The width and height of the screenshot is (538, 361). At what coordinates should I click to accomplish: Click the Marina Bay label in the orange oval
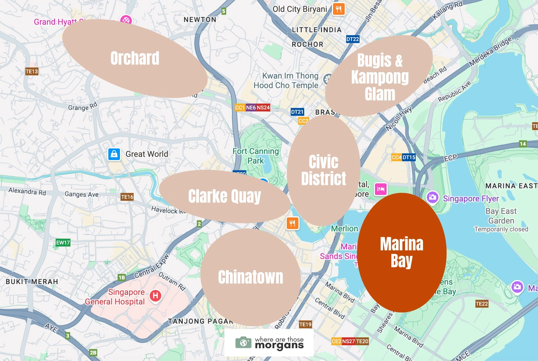[402, 252]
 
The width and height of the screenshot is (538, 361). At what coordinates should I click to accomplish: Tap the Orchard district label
[135, 58]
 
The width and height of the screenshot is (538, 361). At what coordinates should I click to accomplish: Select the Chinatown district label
[250, 277]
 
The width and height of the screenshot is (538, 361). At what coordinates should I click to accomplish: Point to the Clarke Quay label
[224, 196]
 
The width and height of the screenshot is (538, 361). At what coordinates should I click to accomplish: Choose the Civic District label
[323, 170]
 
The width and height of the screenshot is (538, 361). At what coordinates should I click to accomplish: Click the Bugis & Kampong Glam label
[380, 77]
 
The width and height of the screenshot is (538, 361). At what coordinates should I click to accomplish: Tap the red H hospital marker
[155, 296]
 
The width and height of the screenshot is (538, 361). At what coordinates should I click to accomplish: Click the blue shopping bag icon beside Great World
[114, 154]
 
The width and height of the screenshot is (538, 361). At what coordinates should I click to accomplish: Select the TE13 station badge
[32, 71]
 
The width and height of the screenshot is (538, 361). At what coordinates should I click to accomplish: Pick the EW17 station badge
[63, 243]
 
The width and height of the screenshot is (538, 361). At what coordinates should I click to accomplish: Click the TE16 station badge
[127, 197]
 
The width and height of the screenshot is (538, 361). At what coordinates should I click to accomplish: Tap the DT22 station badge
[353, 39]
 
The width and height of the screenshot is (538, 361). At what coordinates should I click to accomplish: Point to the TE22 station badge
[482, 304]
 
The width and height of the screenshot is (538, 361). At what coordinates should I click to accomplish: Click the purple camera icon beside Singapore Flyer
[433, 197]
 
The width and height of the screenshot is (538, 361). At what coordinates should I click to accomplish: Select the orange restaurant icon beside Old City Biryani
[338, 9]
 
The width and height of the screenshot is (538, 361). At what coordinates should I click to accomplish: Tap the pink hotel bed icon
[381, 189]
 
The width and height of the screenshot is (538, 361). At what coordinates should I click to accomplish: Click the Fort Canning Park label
[256, 156]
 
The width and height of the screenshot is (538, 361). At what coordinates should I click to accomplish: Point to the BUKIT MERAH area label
[32, 282]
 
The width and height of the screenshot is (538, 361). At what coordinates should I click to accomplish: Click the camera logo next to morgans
[243, 342]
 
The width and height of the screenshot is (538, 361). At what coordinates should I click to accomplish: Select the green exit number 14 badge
[523, 144]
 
